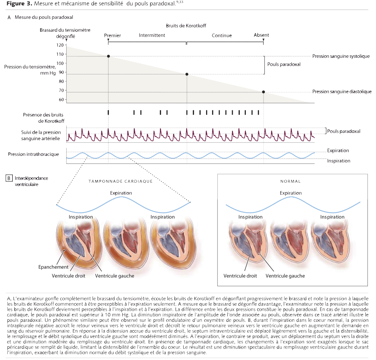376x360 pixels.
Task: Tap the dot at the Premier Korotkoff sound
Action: coord(108,56)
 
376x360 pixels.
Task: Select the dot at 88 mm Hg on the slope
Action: coord(187,74)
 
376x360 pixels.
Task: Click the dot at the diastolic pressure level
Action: coord(264,92)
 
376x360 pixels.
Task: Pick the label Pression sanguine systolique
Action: coord(341,56)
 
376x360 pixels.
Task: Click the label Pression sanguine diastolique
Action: coord(342,92)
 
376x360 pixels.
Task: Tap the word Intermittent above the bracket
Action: coord(152,35)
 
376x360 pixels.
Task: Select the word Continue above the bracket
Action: coord(222,35)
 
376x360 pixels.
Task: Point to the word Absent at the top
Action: coord(261,35)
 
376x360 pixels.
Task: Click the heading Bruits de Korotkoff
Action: coord(186,26)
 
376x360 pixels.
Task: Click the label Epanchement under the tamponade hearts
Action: coord(53,267)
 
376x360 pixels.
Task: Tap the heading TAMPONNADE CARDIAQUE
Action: coord(121,181)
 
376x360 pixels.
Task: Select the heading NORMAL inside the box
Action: coord(290,181)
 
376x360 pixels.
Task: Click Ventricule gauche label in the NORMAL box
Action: coord(285,276)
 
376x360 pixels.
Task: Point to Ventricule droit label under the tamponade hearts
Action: coord(68,276)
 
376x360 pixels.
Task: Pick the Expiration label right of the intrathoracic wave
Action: coord(338,151)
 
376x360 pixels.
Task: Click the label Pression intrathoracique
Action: coord(33,154)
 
